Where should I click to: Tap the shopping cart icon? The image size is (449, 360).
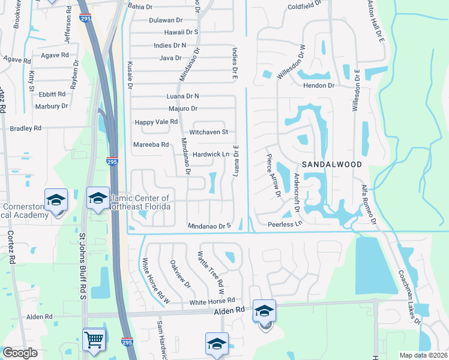point(94,340)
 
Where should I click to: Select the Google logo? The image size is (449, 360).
point(20,353)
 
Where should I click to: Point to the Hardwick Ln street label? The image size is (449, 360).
point(211,154)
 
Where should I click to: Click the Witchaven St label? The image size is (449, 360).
point(209,132)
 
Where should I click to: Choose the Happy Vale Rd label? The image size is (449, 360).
point(156,122)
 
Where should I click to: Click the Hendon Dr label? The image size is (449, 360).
point(318,86)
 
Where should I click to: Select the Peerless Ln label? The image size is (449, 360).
point(285,224)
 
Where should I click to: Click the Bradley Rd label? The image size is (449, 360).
point(25,128)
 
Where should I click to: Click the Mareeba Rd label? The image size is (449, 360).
point(151,145)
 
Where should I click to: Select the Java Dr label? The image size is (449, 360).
point(170,58)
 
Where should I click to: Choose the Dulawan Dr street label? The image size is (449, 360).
point(166,20)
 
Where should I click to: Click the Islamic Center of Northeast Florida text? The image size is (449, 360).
point(140,202)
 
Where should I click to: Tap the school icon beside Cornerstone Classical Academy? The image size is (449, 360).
point(56,200)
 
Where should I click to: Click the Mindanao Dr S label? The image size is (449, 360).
point(209,226)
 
